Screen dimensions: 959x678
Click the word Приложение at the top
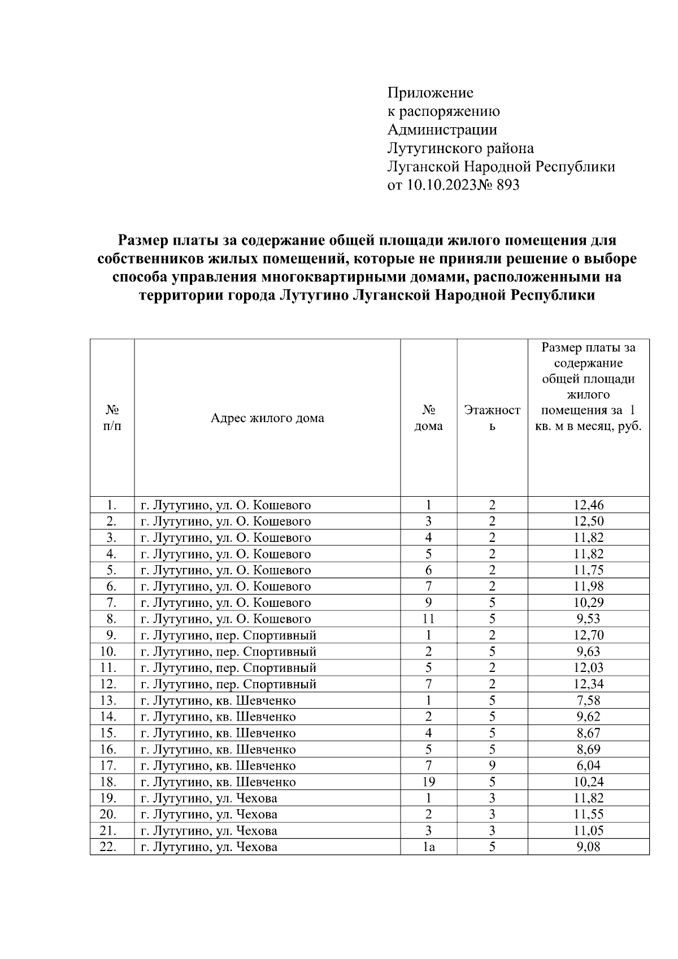point(430,93)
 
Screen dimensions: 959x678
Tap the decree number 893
point(507,185)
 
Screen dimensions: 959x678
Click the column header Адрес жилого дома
point(267,418)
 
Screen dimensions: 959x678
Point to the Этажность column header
point(492,418)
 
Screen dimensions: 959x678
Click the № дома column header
point(428,418)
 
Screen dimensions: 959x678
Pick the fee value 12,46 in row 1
point(588,505)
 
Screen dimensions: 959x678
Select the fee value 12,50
point(588,522)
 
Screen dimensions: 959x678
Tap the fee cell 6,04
point(588,766)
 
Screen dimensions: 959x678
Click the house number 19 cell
point(428,782)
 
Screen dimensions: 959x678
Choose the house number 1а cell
point(428,847)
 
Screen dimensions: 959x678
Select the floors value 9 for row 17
point(492,766)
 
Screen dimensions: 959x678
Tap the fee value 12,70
point(588,635)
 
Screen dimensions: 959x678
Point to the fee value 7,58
point(588,701)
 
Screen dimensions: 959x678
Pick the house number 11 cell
point(428,619)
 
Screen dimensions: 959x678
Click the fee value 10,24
point(588,782)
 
